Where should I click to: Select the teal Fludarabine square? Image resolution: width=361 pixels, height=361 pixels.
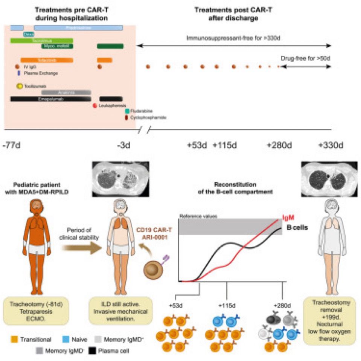point(127,111)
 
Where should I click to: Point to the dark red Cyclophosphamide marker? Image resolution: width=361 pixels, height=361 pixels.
point(127,117)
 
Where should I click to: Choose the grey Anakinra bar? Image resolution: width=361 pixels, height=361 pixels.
point(66,92)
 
